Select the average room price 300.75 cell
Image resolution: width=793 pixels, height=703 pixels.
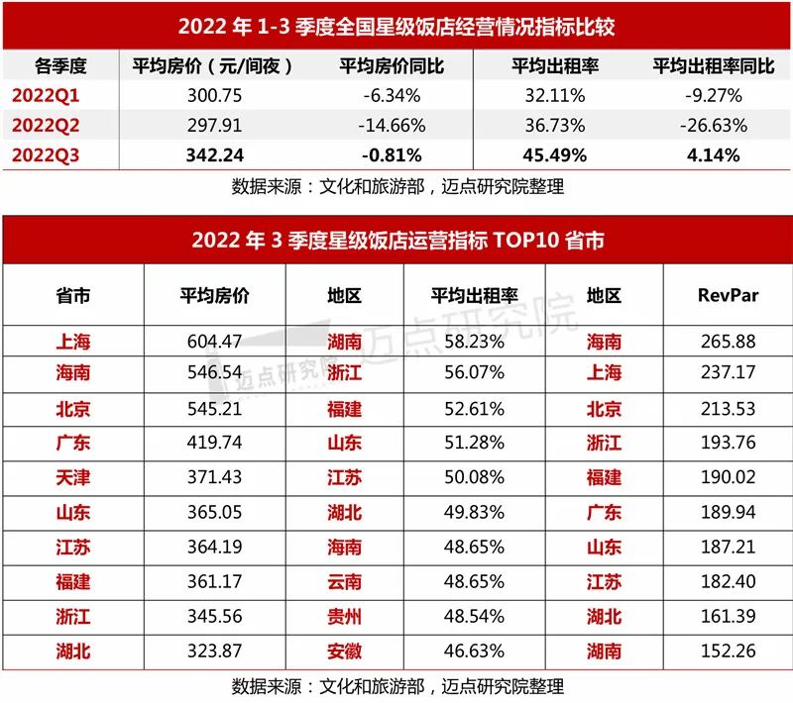click(x=216, y=96)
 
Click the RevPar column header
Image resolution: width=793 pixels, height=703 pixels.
click(x=728, y=295)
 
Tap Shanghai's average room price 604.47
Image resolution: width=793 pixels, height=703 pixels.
click(x=214, y=342)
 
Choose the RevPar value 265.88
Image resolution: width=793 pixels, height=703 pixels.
click(x=728, y=342)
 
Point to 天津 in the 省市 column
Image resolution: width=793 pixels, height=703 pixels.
click(x=73, y=477)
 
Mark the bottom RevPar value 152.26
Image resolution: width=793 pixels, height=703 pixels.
click(x=728, y=651)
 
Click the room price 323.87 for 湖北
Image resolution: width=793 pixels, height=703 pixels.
click(x=214, y=651)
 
